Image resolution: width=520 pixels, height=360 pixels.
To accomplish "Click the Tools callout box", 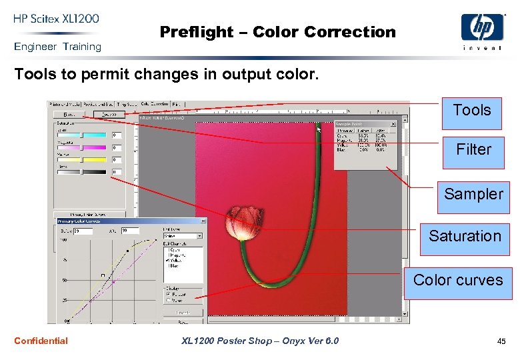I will click(471, 111).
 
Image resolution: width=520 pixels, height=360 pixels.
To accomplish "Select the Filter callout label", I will click(473, 150).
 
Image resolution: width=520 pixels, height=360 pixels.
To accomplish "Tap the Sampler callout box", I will click(473, 194).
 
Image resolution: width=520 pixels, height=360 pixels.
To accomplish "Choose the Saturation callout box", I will click(465, 236).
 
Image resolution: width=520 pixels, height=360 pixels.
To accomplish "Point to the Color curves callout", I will click(458, 280).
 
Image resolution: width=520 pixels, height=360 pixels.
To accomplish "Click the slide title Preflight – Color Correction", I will click(277, 32).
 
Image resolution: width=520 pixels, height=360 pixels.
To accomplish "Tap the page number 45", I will click(501, 341).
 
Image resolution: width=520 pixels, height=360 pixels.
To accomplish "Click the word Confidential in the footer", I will click(41, 341).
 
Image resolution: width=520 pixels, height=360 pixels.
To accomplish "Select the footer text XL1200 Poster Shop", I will click(260, 341).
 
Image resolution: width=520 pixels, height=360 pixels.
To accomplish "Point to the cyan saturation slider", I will click(82, 135).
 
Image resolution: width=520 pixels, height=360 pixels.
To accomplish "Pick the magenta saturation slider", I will click(82, 147).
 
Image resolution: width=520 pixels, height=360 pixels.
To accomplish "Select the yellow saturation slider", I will click(82, 160).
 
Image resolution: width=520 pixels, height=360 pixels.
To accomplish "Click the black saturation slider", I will click(82, 172).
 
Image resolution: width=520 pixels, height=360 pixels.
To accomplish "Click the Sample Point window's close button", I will click(393, 123).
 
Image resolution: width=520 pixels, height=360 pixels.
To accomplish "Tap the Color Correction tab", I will click(154, 104).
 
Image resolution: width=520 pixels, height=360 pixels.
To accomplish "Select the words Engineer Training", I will click(57, 47).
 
